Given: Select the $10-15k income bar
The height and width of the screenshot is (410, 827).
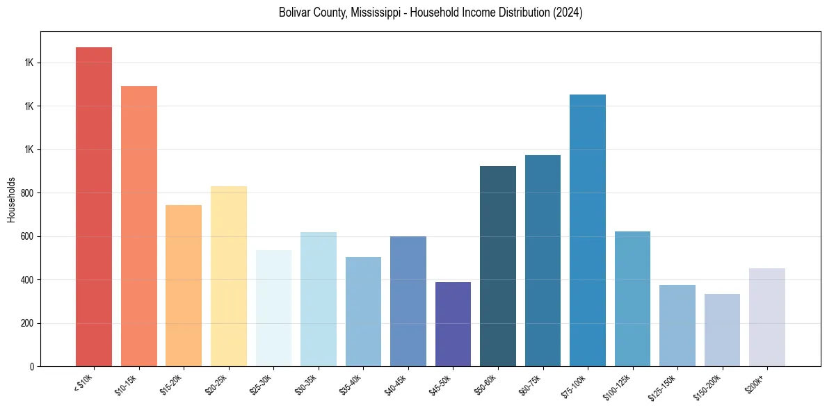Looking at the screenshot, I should point(139,226).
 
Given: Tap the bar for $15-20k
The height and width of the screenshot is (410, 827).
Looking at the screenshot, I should point(184,286).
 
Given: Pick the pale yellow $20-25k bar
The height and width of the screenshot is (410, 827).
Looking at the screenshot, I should point(229,276).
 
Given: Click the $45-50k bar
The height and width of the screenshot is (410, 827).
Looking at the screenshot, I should point(453,324).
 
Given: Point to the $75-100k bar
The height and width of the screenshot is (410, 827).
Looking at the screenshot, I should point(588,230).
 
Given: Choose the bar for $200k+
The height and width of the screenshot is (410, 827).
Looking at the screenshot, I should point(767,317).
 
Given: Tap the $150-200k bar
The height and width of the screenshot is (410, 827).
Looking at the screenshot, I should point(722,330).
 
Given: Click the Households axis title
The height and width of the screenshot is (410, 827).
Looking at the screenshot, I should point(11,199).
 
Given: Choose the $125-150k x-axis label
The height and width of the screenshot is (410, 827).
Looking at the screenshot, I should point(665,386).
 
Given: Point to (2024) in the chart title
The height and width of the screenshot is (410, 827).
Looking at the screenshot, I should point(568,13).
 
